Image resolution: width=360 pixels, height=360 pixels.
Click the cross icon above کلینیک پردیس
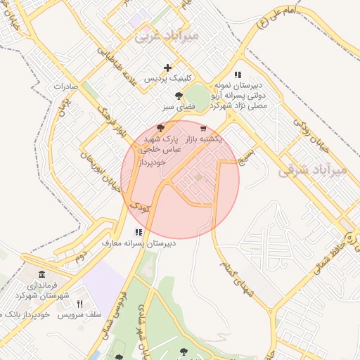167,68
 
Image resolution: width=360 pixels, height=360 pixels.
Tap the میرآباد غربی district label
167,34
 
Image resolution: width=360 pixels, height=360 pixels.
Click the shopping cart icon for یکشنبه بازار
203,129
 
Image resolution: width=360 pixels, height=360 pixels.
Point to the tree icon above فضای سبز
179,95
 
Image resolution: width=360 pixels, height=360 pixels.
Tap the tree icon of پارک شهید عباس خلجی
160,128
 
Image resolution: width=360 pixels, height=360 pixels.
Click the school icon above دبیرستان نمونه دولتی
238,75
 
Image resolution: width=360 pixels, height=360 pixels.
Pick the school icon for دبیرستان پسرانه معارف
139,231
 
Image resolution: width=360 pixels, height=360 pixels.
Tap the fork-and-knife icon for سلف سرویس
79,304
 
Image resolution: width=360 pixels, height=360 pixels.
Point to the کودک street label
139,206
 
